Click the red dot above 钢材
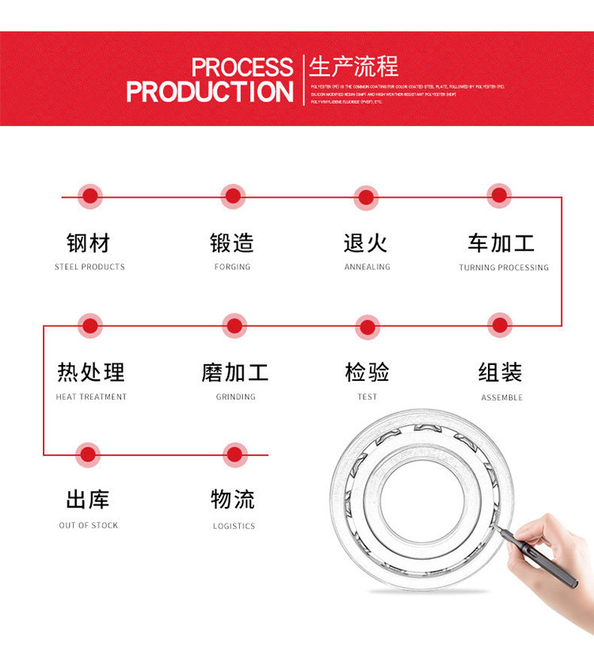coord(90,196)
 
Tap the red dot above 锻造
coord(233,196)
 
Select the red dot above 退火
coord(366,197)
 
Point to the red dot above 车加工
coord(499,196)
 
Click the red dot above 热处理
coord(90,325)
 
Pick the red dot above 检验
coord(367,325)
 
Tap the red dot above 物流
coord(234,455)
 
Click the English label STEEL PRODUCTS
coord(89,267)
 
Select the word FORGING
coord(232,267)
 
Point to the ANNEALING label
coord(367,267)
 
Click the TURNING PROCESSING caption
coord(504,268)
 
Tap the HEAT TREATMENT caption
coord(91,397)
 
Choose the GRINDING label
coord(236,397)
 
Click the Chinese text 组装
coord(501,371)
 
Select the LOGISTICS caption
coord(234,526)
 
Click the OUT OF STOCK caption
coord(89,525)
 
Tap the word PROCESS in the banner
coord(242,67)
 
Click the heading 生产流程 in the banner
coord(354,66)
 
